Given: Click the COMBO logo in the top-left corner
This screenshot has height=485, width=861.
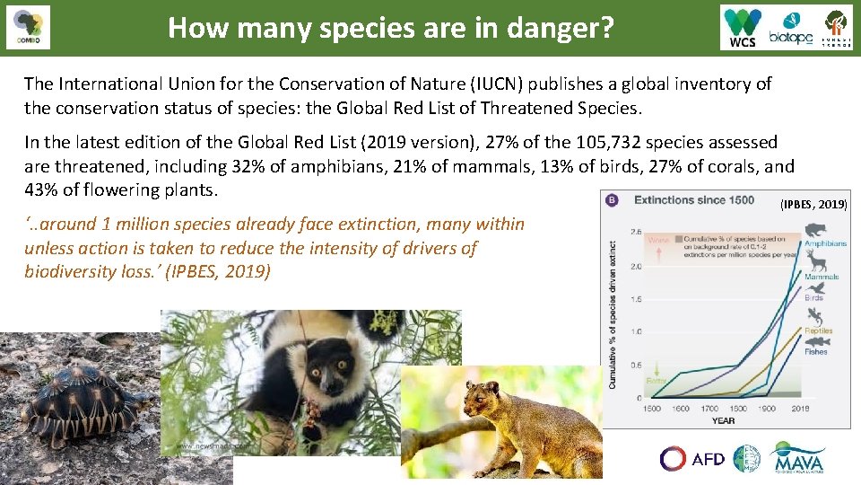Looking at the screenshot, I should (x=28, y=28).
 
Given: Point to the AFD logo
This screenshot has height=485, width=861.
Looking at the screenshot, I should (x=692, y=459).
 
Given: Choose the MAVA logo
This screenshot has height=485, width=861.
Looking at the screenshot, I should (x=798, y=457).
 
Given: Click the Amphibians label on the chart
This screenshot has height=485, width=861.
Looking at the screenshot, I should (x=824, y=243).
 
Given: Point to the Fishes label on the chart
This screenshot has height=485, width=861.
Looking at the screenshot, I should (x=815, y=351).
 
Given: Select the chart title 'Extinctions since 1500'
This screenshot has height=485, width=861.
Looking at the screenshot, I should (x=694, y=199).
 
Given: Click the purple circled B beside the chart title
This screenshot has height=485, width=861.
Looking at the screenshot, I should (x=613, y=199).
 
